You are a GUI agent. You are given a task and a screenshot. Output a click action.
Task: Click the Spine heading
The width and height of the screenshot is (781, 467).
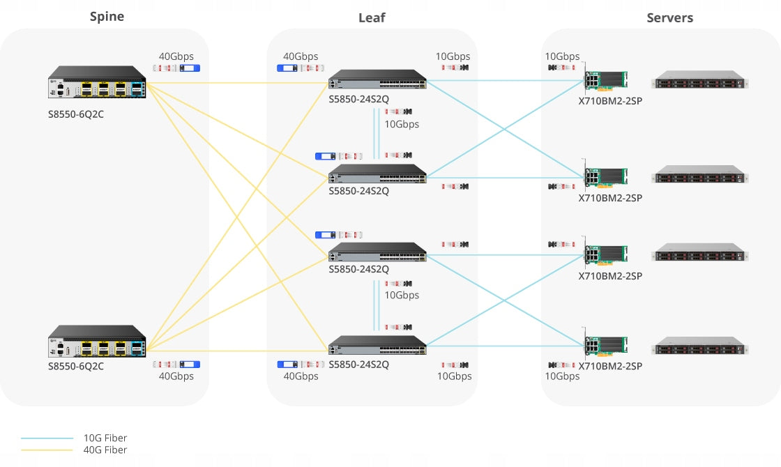tap(107, 17)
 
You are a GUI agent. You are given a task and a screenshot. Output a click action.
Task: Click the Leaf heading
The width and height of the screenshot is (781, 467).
tap(372, 18)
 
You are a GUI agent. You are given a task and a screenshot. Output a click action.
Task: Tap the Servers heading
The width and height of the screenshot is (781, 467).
tap(669, 18)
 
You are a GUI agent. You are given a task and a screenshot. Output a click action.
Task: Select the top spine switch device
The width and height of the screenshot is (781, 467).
tap(97, 82)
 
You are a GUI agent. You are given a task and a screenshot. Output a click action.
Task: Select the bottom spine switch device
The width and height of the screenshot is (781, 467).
tap(97, 341)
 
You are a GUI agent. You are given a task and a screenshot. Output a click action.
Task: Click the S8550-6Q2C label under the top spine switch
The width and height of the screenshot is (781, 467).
tap(76, 114)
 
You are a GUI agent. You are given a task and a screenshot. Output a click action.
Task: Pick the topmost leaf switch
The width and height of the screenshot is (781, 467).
tap(377, 79)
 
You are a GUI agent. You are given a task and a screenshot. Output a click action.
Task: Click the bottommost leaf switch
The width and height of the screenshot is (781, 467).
tap(377, 345)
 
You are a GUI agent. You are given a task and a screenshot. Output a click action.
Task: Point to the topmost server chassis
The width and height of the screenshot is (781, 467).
tap(699, 79)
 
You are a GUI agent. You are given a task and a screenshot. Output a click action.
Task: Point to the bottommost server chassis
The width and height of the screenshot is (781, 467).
tap(699, 346)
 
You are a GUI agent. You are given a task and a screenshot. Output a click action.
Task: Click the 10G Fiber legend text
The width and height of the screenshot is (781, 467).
tap(105, 438)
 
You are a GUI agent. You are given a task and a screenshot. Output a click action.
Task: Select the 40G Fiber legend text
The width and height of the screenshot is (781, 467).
tap(105, 450)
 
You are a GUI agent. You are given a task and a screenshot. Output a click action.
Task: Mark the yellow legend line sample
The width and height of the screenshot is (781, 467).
tap(47, 450)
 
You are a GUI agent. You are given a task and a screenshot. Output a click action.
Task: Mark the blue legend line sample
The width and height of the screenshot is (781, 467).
tap(47, 438)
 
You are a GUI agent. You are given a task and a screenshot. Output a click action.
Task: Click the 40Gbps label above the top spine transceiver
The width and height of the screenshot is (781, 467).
tap(176, 56)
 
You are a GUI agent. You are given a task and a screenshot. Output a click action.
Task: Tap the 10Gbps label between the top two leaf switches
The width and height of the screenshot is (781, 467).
tap(402, 124)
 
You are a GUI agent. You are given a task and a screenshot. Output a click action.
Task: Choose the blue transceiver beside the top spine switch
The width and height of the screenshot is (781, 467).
tap(190, 68)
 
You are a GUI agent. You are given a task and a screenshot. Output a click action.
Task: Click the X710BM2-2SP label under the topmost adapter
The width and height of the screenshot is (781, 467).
tap(610, 101)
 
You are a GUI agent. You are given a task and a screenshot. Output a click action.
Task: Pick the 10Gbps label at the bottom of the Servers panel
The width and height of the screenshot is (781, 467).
tap(562, 376)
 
